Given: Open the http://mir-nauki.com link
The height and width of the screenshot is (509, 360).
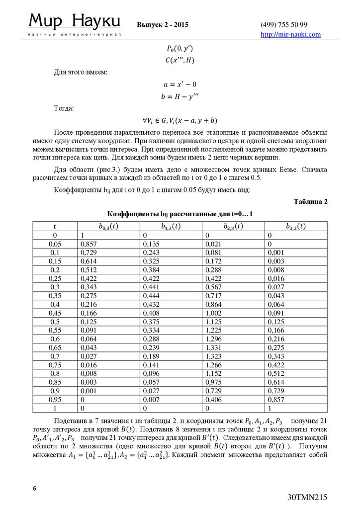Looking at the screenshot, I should (x=291, y=34).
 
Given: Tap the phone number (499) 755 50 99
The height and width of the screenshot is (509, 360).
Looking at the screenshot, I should (x=283, y=25).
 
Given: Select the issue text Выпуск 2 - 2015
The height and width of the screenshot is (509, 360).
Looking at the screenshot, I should (x=163, y=25).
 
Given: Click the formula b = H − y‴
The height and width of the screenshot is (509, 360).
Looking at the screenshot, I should (x=180, y=97).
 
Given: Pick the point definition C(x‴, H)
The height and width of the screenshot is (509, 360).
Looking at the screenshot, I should (x=180, y=60).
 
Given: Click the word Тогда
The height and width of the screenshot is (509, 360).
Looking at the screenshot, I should (x=65, y=108).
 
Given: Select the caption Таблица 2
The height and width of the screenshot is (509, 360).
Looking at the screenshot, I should (x=310, y=202).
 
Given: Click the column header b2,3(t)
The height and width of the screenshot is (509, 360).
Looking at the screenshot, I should (x=235, y=226).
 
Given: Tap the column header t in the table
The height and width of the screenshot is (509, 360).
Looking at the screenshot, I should (x=55, y=226).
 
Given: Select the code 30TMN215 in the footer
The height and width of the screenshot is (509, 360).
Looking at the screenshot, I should (x=307, y=497).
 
